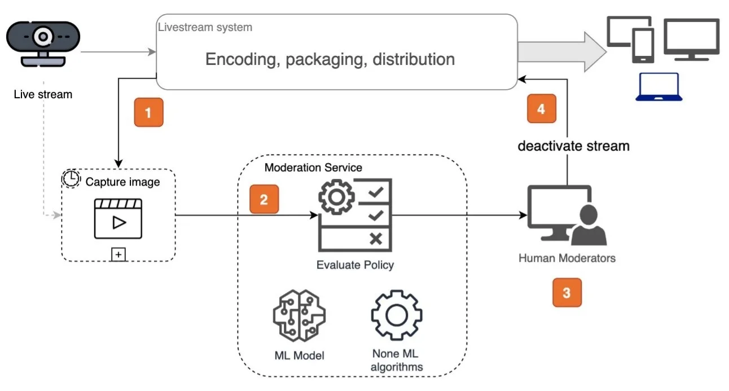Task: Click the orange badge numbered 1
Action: (x=149, y=112)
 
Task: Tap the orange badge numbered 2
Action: (x=264, y=199)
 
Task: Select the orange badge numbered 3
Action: (x=567, y=292)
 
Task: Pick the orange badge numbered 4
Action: (x=542, y=109)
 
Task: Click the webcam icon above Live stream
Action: (x=43, y=43)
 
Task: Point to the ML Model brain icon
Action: (x=299, y=315)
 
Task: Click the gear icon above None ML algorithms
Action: (x=397, y=315)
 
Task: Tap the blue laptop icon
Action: (x=659, y=87)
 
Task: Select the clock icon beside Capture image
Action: (x=71, y=178)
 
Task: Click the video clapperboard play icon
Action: (x=118, y=219)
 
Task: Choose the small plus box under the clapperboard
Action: (x=118, y=254)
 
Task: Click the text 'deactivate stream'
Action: (x=573, y=146)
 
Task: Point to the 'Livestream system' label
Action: (x=205, y=27)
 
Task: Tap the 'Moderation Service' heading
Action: (x=313, y=168)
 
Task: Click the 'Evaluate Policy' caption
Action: (x=355, y=265)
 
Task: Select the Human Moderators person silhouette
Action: (x=589, y=225)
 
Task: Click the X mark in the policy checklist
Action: (x=376, y=239)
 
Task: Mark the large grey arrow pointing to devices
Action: (x=562, y=52)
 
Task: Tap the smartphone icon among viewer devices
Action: (x=643, y=46)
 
